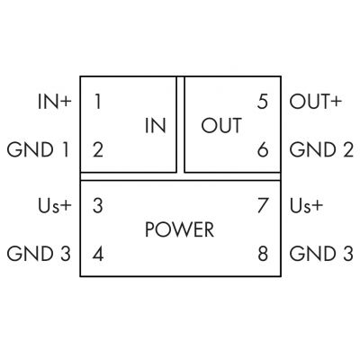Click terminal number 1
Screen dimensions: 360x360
pos(98,102)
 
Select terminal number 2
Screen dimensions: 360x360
pos(98,149)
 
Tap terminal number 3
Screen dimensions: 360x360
pos(98,205)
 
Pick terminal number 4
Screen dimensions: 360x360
pos(98,254)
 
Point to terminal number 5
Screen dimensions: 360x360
pos(263,102)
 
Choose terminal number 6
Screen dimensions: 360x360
pos(263,149)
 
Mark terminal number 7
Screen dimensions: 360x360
pos(263,205)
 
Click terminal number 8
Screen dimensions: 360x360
pos(263,254)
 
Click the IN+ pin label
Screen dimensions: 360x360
pos(55,102)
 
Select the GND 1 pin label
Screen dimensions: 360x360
pos(38,149)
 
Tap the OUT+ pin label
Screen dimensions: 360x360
pos(316,102)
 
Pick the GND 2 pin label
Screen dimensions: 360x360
pos(321,149)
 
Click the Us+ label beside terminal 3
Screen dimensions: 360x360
pos(55,206)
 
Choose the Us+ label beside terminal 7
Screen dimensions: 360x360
pos(306,206)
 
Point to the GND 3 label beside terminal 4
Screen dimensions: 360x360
pos(39,254)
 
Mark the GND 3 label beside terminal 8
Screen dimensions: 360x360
pos(321,254)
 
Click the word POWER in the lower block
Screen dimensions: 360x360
pos(179,229)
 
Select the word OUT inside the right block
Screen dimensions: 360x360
pos(221,125)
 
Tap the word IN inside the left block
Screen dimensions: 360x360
pos(156,125)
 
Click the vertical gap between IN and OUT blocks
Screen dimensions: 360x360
pos(180,124)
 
